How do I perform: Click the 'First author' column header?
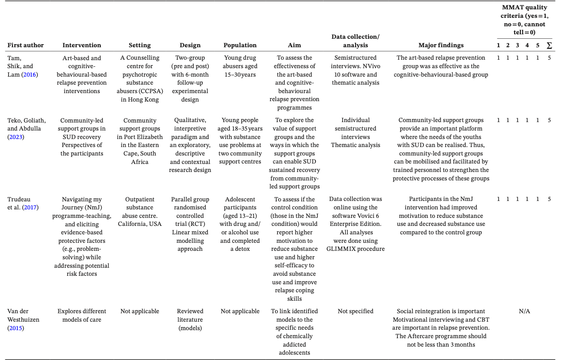[x=25, y=45]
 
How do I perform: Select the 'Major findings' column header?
[x=441, y=45]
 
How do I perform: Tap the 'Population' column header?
[x=240, y=45]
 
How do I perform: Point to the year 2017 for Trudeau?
[x=30, y=208]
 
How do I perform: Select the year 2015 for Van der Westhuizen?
[x=15, y=328]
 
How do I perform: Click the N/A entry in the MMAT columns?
[x=524, y=311]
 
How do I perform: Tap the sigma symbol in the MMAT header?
[x=549, y=45]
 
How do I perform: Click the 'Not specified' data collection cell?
[x=355, y=311]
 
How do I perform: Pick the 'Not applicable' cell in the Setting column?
[x=139, y=311]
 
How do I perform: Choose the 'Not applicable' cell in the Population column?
[x=240, y=311]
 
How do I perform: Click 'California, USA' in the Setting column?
[x=139, y=224]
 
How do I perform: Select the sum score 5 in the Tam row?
[x=549, y=58]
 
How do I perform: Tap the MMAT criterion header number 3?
[x=517, y=45]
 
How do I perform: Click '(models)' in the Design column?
[x=190, y=328]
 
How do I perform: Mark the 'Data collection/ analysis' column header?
[x=355, y=41]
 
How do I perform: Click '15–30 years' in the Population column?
[x=240, y=74]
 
